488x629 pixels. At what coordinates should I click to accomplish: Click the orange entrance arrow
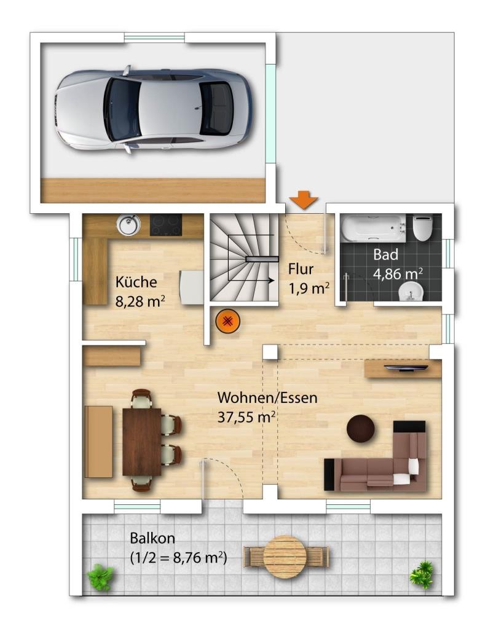point(304,200)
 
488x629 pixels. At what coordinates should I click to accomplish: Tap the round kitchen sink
point(128,224)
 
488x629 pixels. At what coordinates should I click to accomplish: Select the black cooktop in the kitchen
point(166,225)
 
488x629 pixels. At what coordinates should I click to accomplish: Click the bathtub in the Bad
point(373,229)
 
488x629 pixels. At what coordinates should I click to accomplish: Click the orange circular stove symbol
point(227,321)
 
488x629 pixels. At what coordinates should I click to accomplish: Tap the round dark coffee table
point(360,428)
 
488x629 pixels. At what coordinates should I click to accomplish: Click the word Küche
point(136,281)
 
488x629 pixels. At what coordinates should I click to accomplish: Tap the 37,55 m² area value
point(246,417)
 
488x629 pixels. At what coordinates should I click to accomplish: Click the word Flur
point(301,269)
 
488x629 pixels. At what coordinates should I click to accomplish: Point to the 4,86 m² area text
point(398,274)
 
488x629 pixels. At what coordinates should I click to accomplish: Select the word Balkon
point(152,538)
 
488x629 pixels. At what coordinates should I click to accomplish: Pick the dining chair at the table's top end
point(142,398)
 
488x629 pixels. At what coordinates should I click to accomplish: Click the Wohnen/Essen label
point(267,397)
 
